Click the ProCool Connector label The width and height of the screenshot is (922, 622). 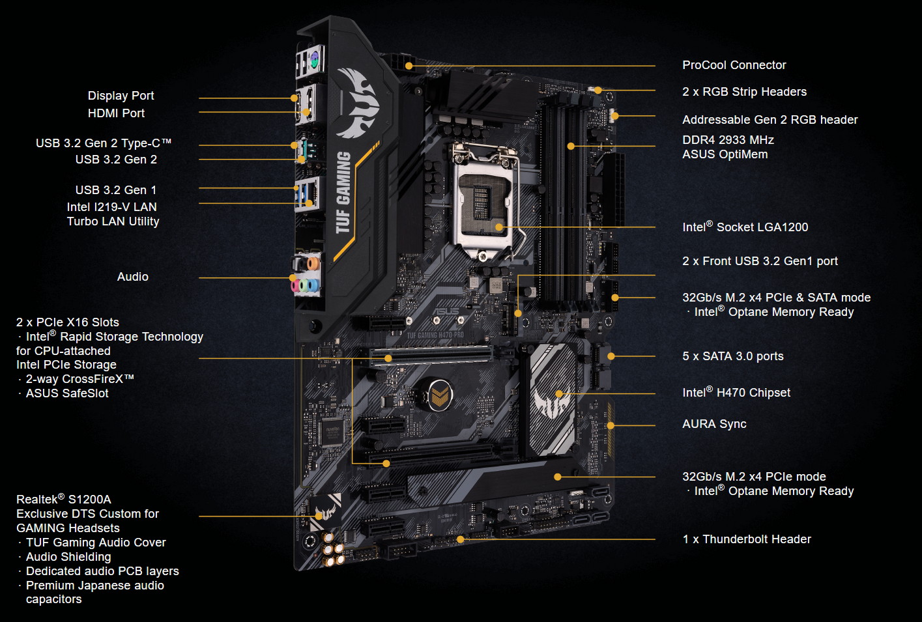tap(734, 65)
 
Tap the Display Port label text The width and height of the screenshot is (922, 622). tap(121, 96)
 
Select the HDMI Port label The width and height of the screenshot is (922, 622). tap(116, 113)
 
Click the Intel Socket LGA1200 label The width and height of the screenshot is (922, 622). tap(745, 226)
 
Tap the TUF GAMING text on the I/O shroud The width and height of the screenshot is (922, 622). tap(343, 193)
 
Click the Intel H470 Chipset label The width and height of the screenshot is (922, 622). tap(736, 392)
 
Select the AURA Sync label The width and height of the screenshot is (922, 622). tap(714, 424)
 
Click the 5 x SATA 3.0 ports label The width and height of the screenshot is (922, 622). tap(732, 356)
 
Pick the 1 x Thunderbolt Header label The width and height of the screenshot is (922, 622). tap(747, 539)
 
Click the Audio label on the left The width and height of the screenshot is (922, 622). tap(132, 276)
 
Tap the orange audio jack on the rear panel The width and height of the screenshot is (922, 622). tap(313, 263)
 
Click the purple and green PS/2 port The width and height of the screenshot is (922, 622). tap(314, 60)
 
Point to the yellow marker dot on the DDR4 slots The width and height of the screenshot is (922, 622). tap(571, 146)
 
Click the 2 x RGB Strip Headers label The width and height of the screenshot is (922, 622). tap(744, 91)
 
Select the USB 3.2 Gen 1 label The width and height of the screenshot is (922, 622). tap(116, 190)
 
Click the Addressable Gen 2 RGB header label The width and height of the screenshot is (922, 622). tap(770, 120)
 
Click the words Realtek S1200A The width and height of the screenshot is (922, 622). tap(63, 499)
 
